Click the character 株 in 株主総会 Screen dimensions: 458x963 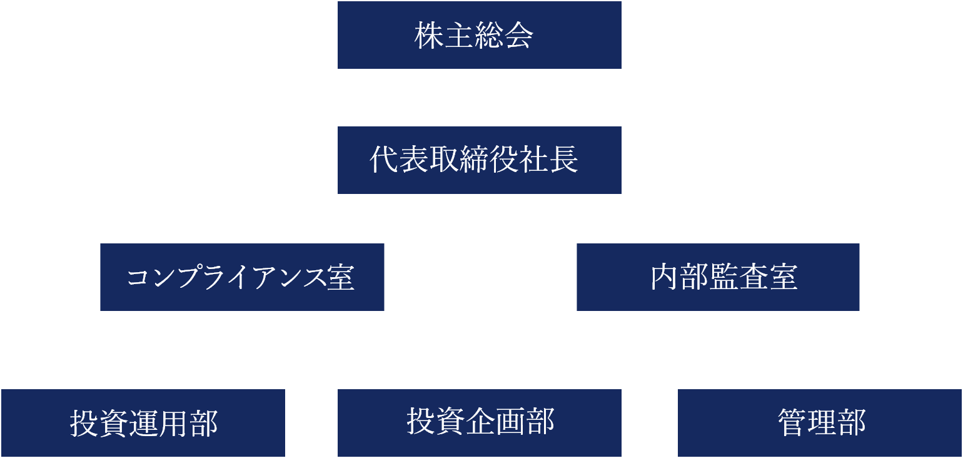coord(428,36)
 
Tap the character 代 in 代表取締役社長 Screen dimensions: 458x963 coord(383,160)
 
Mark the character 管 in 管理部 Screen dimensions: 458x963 coord(792,423)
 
